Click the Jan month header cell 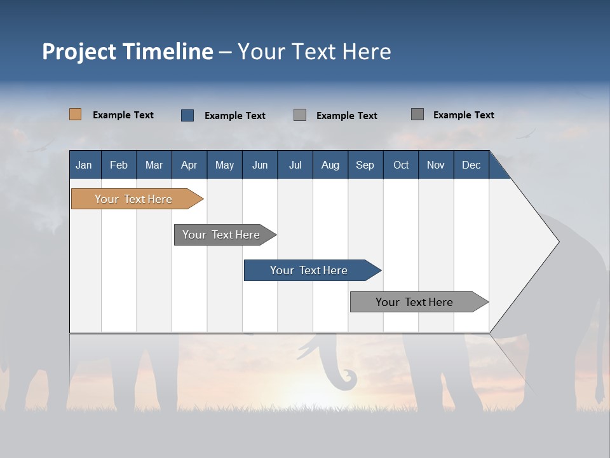click(x=84, y=165)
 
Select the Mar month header click(x=154, y=165)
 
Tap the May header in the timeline click(x=224, y=165)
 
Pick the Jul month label click(x=295, y=165)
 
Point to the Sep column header click(x=365, y=165)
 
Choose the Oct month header click(x=401, y=165)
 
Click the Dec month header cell click(x=471, y=165)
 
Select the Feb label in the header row click(x=119, y=165)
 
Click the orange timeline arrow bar click(x=133, y=199)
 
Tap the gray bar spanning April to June click(x=222, y=235)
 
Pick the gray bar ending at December click(x=415, y=302)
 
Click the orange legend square click(x=75, y=114)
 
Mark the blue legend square click(x=187, y=115)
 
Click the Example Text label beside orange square click(x=123, y=115)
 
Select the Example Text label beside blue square click(x=235, y=116)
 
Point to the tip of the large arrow click(x=557, y=241)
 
